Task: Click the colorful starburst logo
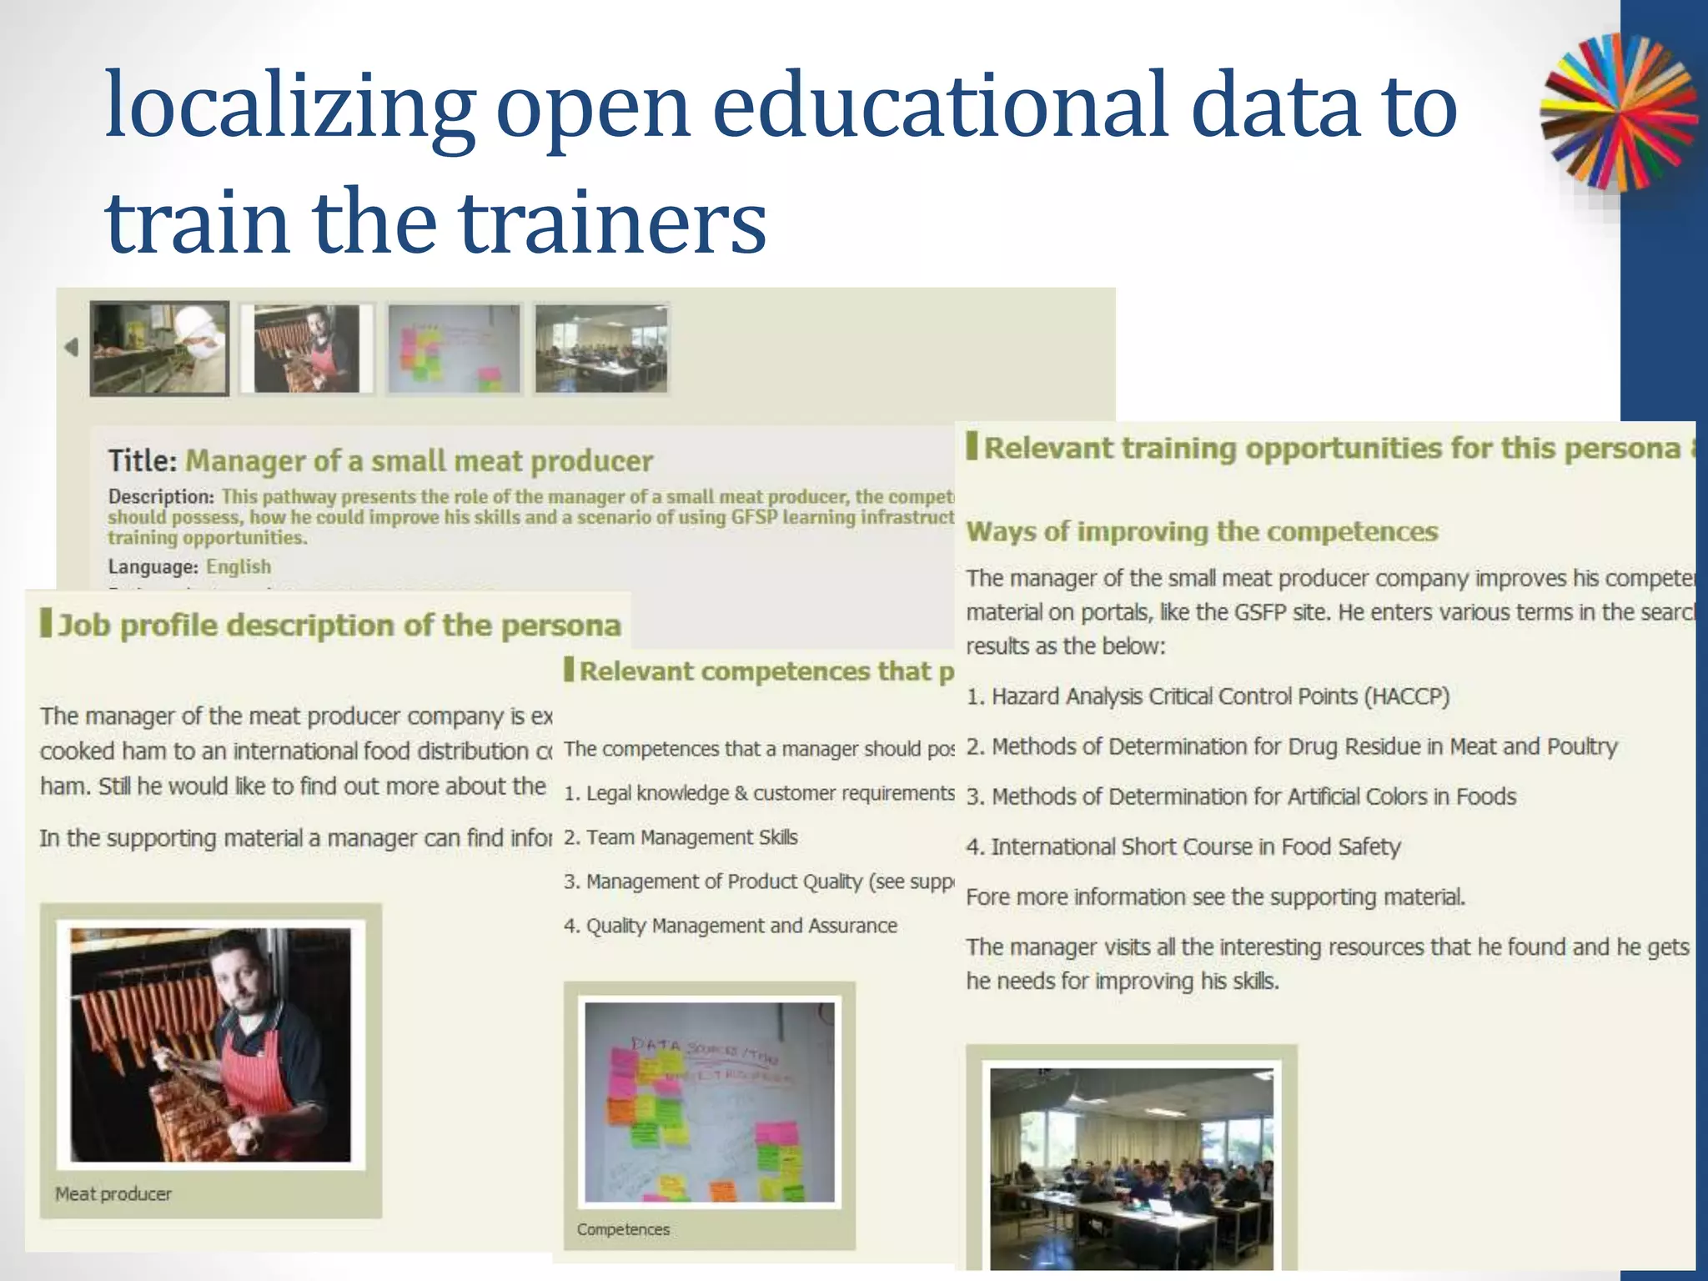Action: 1618,113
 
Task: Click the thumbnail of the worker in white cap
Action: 159,348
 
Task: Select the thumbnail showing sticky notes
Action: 454,348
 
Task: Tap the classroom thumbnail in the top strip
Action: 601,348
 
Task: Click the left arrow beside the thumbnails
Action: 72,347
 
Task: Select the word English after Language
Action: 239,567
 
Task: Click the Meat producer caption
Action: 113,1194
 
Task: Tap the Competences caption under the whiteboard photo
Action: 623,1229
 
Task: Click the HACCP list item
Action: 1208,696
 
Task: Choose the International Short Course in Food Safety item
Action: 1183,847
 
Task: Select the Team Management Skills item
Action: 681,837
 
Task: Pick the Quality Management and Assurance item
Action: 731,926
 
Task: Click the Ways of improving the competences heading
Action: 1202,532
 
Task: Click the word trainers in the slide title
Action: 612,224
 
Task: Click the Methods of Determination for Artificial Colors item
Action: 1241,797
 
